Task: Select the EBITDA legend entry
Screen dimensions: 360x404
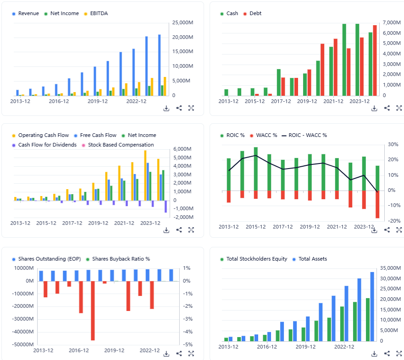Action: (96, 14)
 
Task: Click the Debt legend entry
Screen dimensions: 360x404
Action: (255, 14)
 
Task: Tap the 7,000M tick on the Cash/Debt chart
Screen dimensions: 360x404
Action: (391, 22)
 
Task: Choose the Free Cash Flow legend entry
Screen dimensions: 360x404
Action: (98, 136)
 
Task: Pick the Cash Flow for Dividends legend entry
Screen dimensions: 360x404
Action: (47, 145)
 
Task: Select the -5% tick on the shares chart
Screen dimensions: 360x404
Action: (187, 344)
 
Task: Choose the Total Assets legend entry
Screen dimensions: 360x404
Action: (313, 259)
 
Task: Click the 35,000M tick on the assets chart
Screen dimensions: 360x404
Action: (391, 268)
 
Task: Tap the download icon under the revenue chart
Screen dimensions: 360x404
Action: (166, 108)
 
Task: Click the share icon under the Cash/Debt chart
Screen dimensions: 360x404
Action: (387, 108)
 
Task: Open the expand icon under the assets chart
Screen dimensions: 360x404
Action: (399, 354)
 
